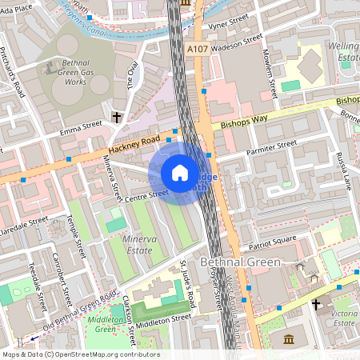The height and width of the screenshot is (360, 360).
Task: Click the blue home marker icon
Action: [x=180, y=173]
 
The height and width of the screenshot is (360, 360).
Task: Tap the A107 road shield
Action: [x=198, y=50]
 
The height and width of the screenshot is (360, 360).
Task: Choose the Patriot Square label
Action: [x=272, y=238]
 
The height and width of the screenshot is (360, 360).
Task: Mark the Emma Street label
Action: [x=82, y=126]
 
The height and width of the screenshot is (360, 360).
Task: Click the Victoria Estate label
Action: [x=342, y=318]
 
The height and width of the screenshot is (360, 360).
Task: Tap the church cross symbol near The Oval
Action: [x=117, y=118]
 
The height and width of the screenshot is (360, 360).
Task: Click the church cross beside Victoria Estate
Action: [x=316, y=305]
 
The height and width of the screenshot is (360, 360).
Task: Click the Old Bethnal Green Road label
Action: [x=80, y=312]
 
